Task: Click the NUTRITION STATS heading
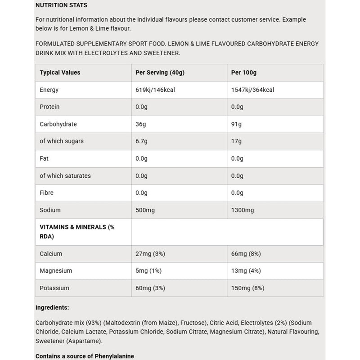(61, 5)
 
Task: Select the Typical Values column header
(60, 72)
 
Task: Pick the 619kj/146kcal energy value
(155, 90)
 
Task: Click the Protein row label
(49, 107)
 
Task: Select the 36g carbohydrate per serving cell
(140, 124)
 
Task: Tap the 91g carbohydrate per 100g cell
(236, 124)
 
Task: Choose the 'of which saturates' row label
(65, 175)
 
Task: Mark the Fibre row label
(47, 193)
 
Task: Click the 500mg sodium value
(145, 210)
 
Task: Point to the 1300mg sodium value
(243, 210)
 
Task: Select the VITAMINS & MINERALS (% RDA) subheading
(77, 231)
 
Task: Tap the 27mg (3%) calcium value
(150, 254)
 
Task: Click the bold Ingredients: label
(52, 307)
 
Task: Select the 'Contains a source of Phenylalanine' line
(85, 356)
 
